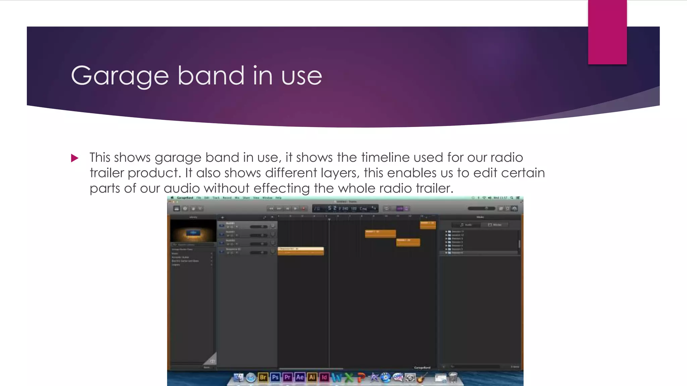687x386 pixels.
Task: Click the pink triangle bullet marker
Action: [x=74, y=158]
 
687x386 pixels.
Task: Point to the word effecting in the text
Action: [x=281, y=188]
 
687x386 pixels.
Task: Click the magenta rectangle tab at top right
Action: [x=607, y=32]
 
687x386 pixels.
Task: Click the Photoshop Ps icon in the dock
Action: [x=275, y=377]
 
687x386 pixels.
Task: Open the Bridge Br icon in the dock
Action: [x=263, y=377]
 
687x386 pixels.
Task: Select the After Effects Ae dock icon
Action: [x=300, y=377]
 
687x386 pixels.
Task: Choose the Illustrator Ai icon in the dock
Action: [x=312, y=377]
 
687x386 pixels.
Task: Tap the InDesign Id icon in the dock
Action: [x=324, y=377]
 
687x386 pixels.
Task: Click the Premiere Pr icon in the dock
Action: [x=287, y=377]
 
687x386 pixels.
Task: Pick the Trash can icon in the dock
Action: [x=453, y=378]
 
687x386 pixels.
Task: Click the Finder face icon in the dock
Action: [x=239, y=378]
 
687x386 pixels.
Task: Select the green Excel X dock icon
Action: [x=349, y=378]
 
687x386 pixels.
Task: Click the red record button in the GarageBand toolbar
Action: [x=303, y=208]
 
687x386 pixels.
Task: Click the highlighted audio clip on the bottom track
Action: [x=301, y=251]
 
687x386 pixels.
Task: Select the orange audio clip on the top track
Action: [x=428, y=224]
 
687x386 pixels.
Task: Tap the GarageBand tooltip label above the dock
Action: [x=422, y=368]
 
